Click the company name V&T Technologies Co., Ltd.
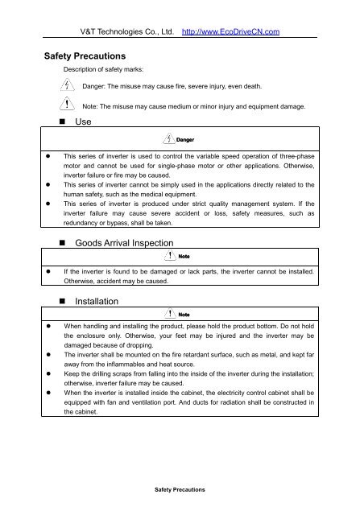pos(129,32)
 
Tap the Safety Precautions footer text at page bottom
pos(180,488)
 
